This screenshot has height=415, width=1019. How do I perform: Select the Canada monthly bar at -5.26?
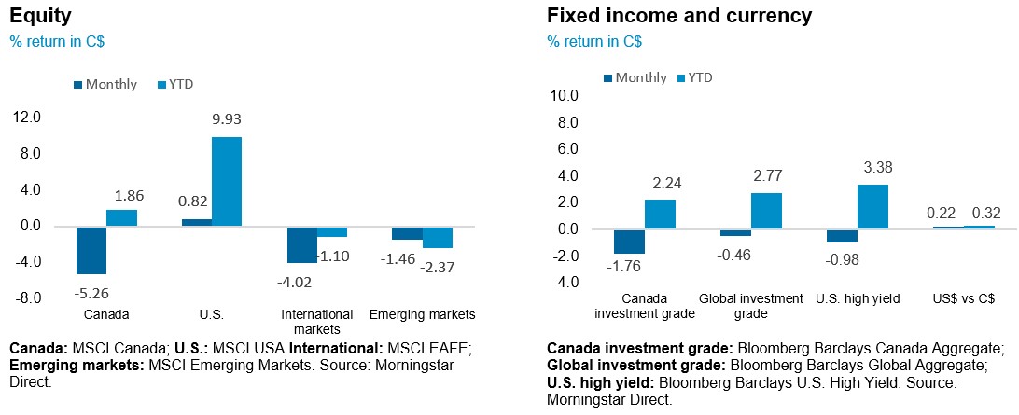[91, 250]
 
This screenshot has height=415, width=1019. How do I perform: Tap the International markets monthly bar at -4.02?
[302, 244]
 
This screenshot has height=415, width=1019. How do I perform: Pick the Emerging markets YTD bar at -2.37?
[438, 237]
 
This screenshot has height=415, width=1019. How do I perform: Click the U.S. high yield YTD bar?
[873, 207]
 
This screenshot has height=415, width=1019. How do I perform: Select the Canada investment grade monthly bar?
[630, 241]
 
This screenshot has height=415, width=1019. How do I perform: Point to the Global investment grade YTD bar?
[767, 211]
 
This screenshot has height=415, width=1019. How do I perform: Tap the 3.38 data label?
[875, 169]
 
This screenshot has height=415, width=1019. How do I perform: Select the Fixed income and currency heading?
[679, 16]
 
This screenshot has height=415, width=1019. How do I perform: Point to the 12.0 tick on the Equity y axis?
[28, 117]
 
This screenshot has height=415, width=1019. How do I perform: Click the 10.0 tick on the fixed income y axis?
[565, 95]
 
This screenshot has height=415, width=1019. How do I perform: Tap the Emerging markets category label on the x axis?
[423, 314]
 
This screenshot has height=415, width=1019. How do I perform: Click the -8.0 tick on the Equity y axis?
[28, 297]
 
